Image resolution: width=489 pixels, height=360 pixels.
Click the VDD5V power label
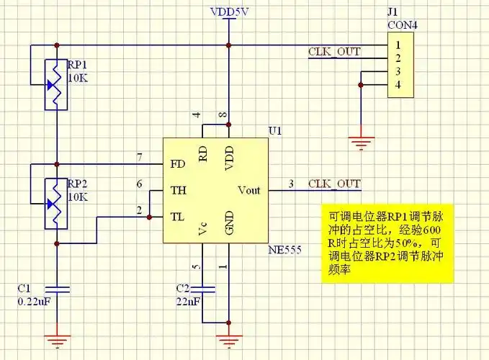(x=229, y=12)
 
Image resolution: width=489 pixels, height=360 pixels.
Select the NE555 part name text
(x=284, y=251)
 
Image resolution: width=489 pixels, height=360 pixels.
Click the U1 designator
(x=274, y=132)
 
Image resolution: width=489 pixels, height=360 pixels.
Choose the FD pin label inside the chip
(x=178, y=163)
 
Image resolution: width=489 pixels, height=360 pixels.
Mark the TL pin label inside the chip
(x=178, y=216)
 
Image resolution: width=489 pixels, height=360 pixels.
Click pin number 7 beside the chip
(x=139, y=157)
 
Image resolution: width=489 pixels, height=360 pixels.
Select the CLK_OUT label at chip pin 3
(x=334, y=184)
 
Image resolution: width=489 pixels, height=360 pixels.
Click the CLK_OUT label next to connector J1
(x=334, y=52)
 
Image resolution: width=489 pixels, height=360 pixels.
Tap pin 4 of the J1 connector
(x=397, y=86)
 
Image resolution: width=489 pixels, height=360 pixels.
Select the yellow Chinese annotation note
(x=387, y=244)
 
